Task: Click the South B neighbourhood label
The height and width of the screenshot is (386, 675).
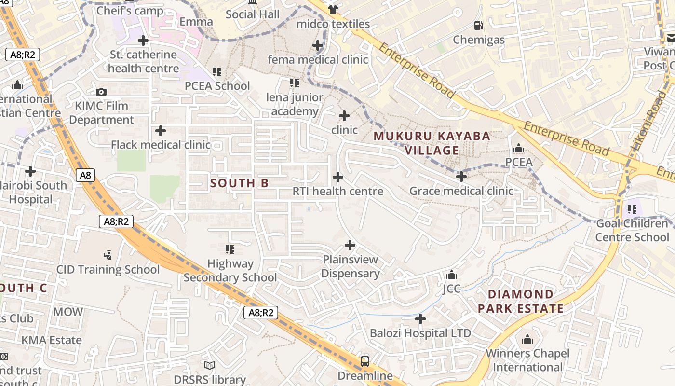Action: click(240, 183)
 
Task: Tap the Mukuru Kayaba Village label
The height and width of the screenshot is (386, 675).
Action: click(432, 143)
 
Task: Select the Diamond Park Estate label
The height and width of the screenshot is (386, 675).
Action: click(521, 302)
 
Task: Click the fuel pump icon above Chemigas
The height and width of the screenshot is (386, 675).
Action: click(478, 26)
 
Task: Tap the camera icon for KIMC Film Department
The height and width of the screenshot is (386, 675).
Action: click(101, 92)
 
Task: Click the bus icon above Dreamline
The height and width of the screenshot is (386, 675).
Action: click(365, 361)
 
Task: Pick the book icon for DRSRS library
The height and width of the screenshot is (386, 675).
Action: click(210, 365)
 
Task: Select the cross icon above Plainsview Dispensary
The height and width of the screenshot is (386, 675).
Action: click(350, 245)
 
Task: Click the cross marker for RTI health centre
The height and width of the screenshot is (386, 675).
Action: click(338, 177)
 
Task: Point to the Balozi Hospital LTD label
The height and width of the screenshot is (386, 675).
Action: click(420, 333)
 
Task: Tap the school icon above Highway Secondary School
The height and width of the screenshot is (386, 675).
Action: click(230, 249)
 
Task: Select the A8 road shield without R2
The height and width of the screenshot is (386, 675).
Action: click(85, 175)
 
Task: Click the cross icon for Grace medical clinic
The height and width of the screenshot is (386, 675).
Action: click(461, 177)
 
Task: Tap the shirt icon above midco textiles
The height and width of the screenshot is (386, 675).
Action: click(333, 9)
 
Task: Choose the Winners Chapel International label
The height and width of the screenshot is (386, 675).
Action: click(527, 360)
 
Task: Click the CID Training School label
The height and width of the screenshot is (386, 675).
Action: click(108, 270)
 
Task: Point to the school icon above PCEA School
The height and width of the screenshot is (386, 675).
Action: click(217, 72)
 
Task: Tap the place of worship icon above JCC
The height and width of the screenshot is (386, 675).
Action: click(452, 275)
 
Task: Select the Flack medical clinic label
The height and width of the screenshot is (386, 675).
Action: click(161, 145)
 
